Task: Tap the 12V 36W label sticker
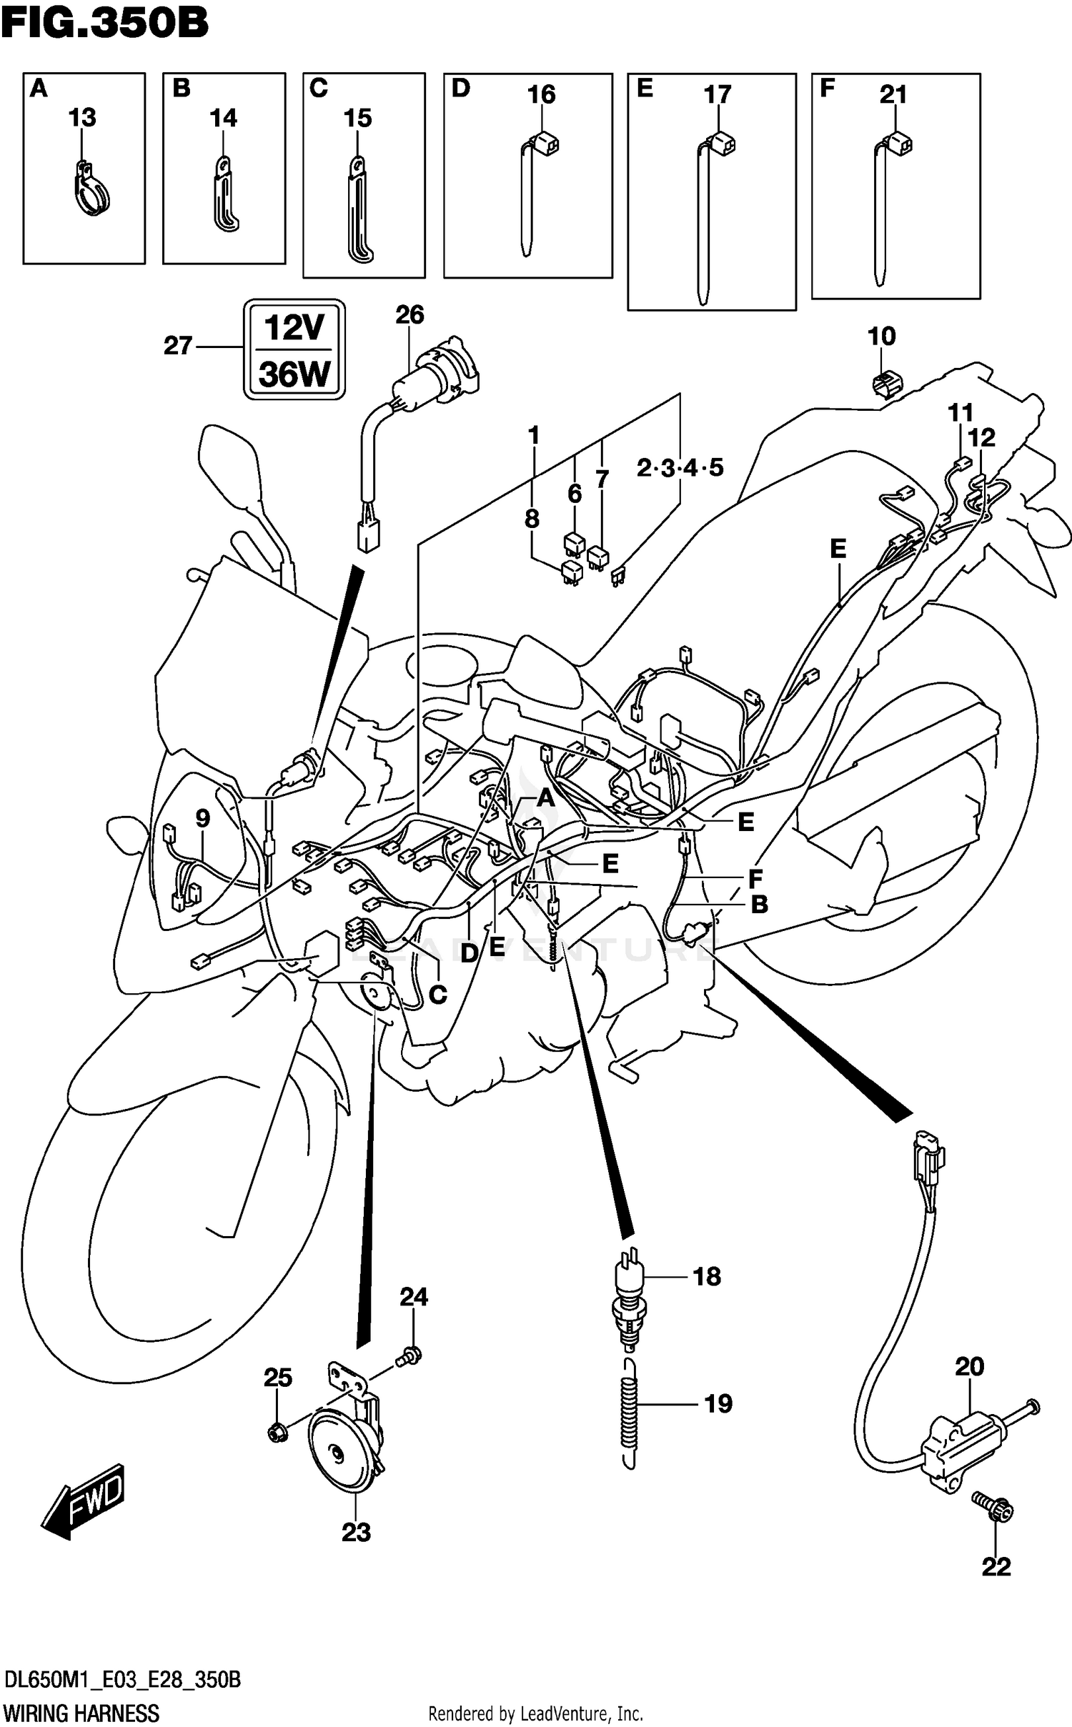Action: (x=294, y=350)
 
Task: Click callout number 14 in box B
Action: (x=223, y=118)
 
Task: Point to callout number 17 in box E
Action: (x=717, y=94)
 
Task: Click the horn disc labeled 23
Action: (x=339, y=1455)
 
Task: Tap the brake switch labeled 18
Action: (x=627, y=1302)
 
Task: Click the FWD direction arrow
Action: (x=84, y=1503)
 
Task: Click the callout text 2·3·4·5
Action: (x=680, y=468)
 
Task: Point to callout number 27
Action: (x=178, y=346)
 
